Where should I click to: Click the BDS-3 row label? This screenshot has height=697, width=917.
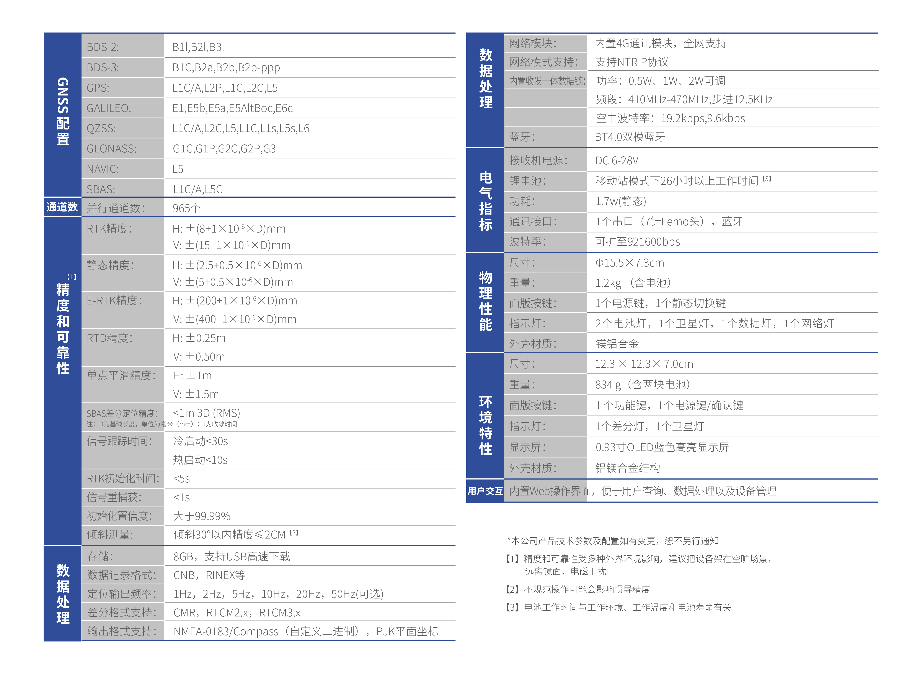pyautogui.click(x=103, y=68)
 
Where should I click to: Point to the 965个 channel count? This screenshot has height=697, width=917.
pyautogui.click(x=186, y=208)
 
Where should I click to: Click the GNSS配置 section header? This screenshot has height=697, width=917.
pyautogui.click(x=63, y=111)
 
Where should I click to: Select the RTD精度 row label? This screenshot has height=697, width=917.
pyautogui.click(x=110, y=338)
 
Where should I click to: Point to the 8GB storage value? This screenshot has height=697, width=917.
pyautogui.click(x=231, y=556)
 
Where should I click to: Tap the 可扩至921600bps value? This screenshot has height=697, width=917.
pyautogui.click(x=638, y=242)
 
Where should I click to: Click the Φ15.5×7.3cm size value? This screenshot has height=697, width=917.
pyautogui.click(x=629, y=263)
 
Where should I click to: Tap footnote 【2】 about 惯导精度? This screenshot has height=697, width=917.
pyautogui.click(x=578, y=589)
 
